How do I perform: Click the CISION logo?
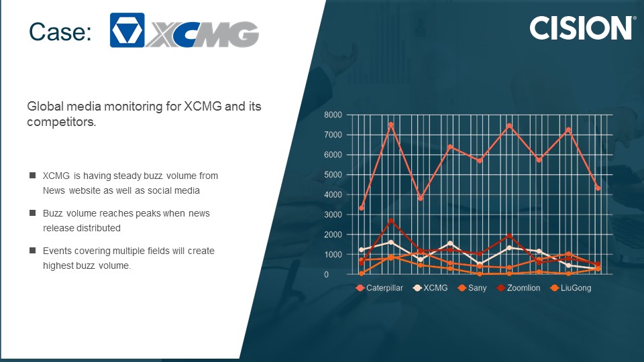[x=582, y=28]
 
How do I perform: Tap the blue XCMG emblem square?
[x=127, y=30]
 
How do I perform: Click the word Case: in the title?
[x=60, y=32]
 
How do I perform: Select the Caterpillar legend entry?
[x=380, y=288]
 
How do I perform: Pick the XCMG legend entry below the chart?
[x=431, y=288]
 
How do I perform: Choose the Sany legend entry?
[x=472, y=288]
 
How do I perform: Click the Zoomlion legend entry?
[x=519, y=288]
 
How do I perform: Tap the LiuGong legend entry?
[x=571, y=288]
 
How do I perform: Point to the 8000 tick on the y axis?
[x=333, y=115]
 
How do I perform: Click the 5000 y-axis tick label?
[x=333, y=175]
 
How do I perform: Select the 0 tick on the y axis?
[x=327, y=275]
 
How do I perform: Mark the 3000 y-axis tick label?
[x=333, y=215]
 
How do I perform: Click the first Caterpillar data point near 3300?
[x=362, y=208]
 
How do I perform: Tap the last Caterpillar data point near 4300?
[x=598, y=188]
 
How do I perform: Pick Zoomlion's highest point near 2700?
[x=391, y=221]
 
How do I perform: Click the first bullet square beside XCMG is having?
[x=32, y=175]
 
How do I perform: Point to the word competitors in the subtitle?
[x=62, y=122]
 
